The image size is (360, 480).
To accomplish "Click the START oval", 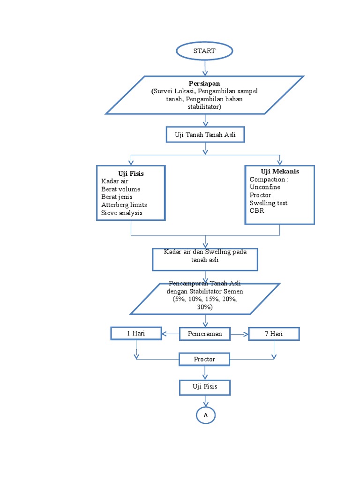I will (x=204, y=51).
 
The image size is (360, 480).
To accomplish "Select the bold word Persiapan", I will (x=204, y=83).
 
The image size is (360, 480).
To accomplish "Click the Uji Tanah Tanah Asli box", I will (x=205, y=135).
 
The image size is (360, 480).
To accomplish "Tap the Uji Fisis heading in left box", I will (x=131, y=173).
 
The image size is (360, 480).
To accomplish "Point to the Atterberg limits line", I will (x=124, y=205).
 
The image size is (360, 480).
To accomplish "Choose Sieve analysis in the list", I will (x=121, y=213).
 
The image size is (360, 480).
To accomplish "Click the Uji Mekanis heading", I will (x=279, y=172).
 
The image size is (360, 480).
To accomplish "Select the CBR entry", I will (x=257, y=210).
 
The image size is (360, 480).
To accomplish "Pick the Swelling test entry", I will (x=268, y=203).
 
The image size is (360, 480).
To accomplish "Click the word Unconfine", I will (x=265, y=187).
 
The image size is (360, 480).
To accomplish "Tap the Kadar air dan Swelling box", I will (x=205, y=259).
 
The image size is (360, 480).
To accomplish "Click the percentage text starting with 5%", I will (x=205, y=299).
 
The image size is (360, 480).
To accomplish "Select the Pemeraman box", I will (x=204, y=334).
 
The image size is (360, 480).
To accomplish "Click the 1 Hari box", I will (x=136, y=333).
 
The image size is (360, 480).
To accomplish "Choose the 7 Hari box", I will (x=273, y=334).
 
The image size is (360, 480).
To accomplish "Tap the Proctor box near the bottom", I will (x=204, y=359).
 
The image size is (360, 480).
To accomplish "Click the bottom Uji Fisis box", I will (x=204, y=387).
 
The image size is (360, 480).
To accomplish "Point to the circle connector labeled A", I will (x=205, y=415).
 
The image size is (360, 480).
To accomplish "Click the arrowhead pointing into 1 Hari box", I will (x=165, y=334).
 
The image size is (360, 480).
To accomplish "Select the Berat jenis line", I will (x=117, y=197).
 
